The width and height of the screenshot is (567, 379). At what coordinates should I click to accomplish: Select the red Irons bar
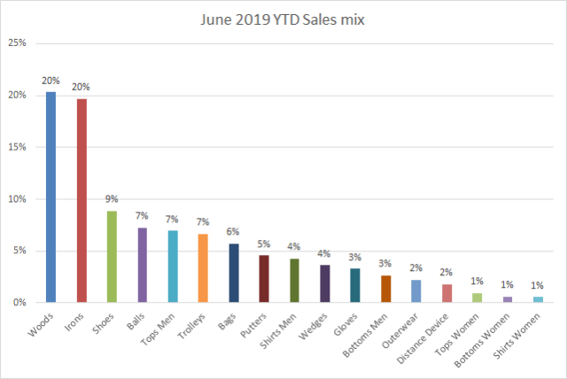coord(82,201)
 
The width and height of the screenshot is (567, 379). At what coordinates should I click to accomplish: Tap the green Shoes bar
coord(112,257)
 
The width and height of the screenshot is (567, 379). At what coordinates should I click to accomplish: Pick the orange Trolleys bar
coord(203,268)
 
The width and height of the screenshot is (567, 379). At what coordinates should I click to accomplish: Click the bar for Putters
coord(263,279)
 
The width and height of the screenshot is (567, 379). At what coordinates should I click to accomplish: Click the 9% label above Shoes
coord(112,199)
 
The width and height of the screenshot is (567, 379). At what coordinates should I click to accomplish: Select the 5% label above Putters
coord(263,244)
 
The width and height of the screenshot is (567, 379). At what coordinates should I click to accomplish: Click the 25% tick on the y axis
coord(18,43)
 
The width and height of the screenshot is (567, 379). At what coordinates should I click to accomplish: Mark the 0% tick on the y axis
coord(20,303)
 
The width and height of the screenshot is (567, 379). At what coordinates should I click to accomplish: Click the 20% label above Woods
coord(50,80)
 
